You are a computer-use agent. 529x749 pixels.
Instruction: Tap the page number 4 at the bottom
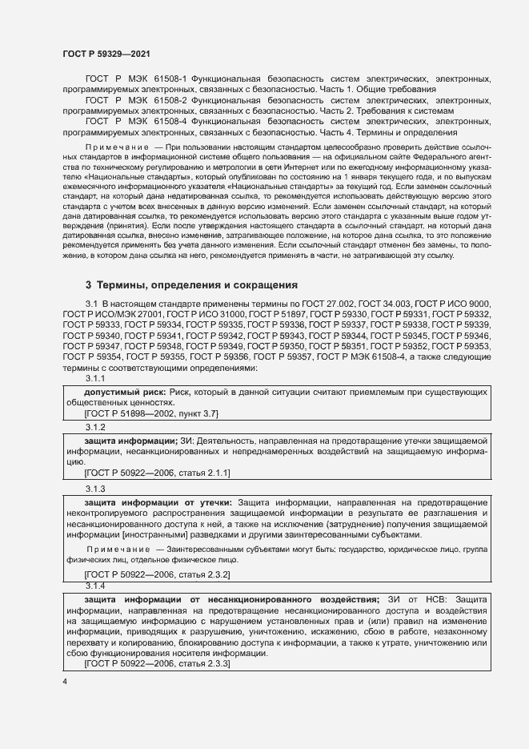point(65,682)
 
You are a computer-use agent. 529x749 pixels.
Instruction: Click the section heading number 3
point(88,285)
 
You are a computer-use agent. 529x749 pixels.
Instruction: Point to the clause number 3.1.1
point(96,378)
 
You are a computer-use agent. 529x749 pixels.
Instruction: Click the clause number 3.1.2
point(96,427)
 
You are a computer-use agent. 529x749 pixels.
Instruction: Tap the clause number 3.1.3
point(96,487)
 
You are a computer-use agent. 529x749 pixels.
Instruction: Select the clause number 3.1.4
point(96,586)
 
